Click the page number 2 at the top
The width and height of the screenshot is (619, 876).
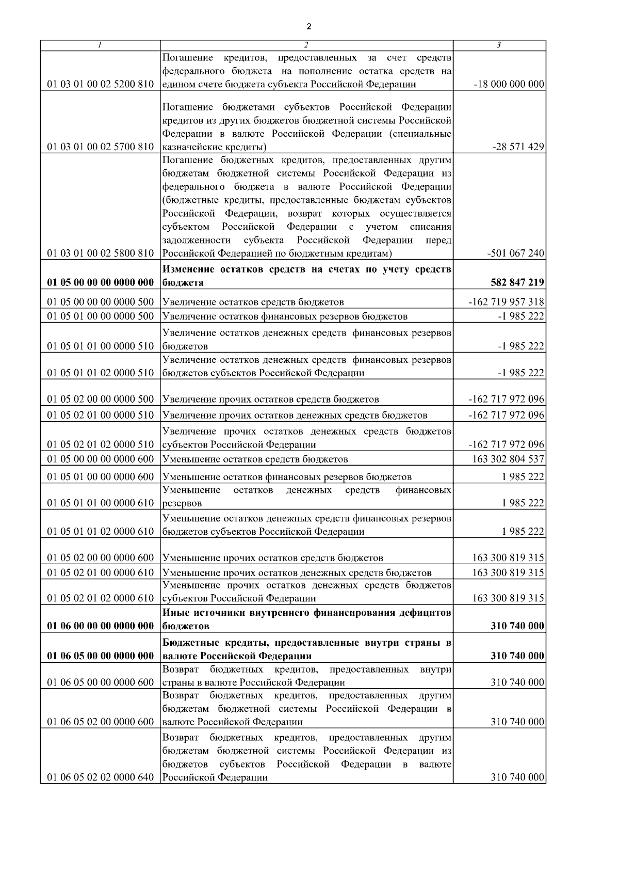tap(308, 27)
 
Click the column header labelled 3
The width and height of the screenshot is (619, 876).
tap(499, 45)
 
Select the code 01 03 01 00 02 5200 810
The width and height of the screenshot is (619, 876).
tap(101, 84)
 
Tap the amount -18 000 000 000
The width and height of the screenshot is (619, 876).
tap(509, 84)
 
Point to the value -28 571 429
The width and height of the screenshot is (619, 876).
tap(518, 147)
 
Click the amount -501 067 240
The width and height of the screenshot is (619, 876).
tap(515, 253)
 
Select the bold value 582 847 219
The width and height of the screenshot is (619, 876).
tap(516, 283)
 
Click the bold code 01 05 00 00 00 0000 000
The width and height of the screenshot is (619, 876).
tap(101, 283)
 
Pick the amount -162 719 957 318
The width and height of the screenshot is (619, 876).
tap(506, 302)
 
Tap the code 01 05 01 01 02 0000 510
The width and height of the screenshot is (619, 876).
tap(101, 373)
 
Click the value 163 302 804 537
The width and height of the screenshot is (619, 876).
tap(508, 459)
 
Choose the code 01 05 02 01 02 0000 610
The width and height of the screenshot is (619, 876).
tap(101, 598)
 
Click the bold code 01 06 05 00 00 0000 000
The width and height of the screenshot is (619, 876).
tap(101, 656)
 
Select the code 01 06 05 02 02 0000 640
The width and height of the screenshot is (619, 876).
tap(101, 777)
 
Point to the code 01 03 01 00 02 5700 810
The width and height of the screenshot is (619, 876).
tap(101, 147)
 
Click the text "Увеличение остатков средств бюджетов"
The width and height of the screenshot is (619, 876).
tap(253, 302)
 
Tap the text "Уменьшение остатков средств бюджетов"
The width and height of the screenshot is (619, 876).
tap(255, 459)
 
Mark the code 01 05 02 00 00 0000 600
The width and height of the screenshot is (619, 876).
tap(101, 558)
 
